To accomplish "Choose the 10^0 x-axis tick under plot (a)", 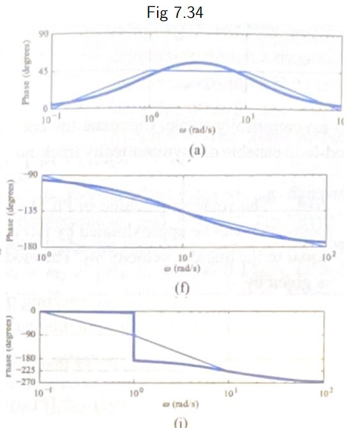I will [x=151, y=119].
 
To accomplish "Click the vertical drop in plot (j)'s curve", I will [x=134, y=336].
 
